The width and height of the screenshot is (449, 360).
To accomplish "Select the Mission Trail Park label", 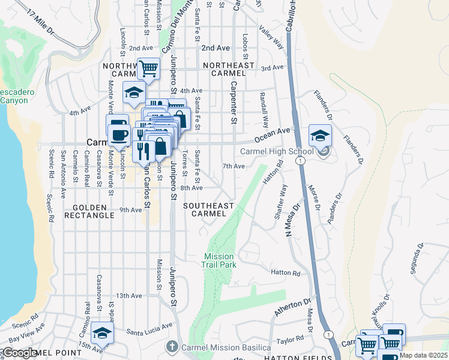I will (218, 260).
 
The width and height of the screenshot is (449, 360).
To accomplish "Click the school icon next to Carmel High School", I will (321, 136).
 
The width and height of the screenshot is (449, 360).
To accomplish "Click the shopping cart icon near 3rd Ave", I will (148, 68).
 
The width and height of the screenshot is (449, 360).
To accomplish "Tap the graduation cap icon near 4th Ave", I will (133, 92).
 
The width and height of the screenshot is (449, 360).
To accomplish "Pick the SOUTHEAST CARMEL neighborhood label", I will (208, 209).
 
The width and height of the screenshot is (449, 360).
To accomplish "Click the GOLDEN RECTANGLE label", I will (92, 211).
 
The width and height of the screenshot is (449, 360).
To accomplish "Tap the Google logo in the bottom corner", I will (20, 353).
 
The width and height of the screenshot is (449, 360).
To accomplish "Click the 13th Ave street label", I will (128, 296).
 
